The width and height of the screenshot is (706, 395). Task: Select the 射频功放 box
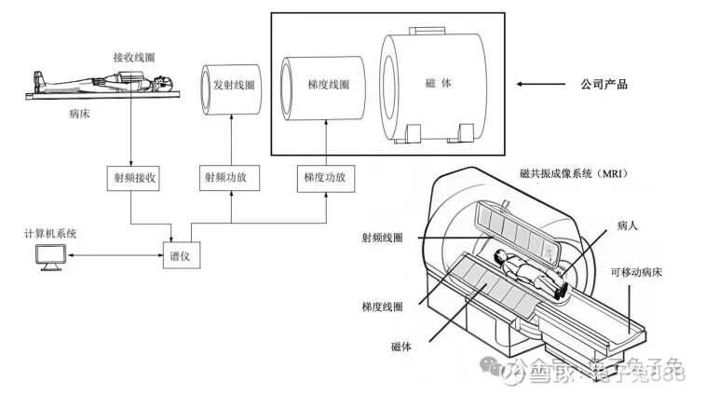[x=230, y=176]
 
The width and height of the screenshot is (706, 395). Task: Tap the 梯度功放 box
[x=325, y=176]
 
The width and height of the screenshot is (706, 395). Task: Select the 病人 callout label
[x=628, y=225]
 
